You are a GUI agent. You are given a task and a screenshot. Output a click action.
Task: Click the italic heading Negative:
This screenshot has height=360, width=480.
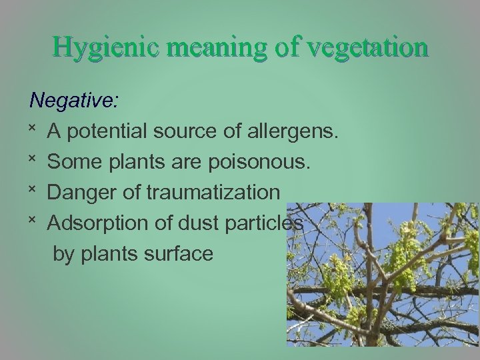click(75, 101)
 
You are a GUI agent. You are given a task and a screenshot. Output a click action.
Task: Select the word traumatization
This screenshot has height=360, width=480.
click(213, 193)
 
